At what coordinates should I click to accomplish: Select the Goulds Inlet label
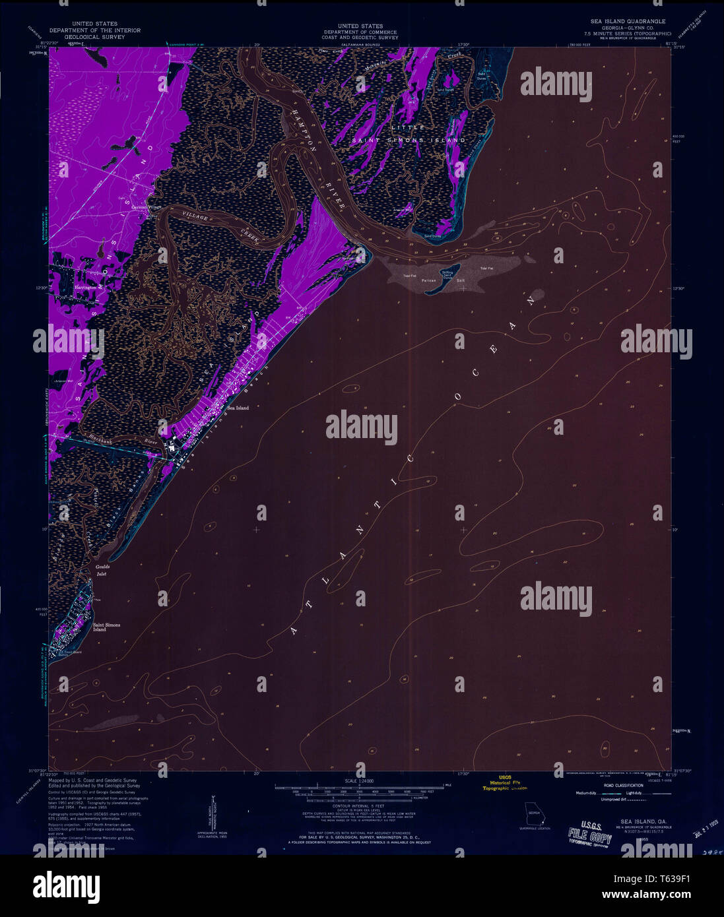pos(102,570)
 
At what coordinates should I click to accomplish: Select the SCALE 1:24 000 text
pos(360,782)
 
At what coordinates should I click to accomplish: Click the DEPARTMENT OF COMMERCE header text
pos(360,32)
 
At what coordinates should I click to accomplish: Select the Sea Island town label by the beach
pos(238,408)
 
